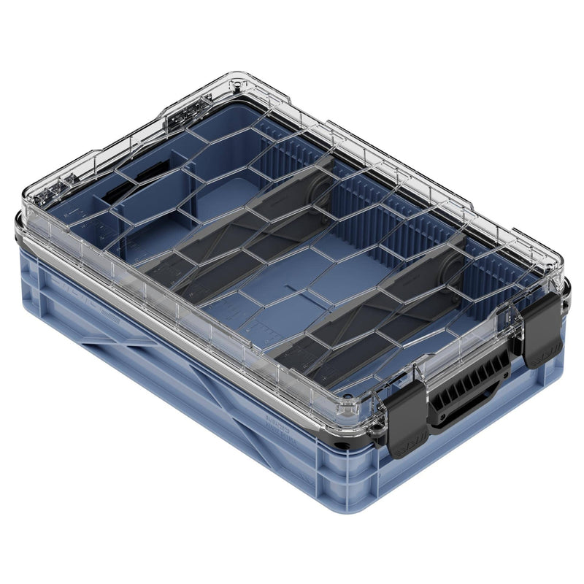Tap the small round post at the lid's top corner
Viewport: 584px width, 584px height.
coord(237,86)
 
